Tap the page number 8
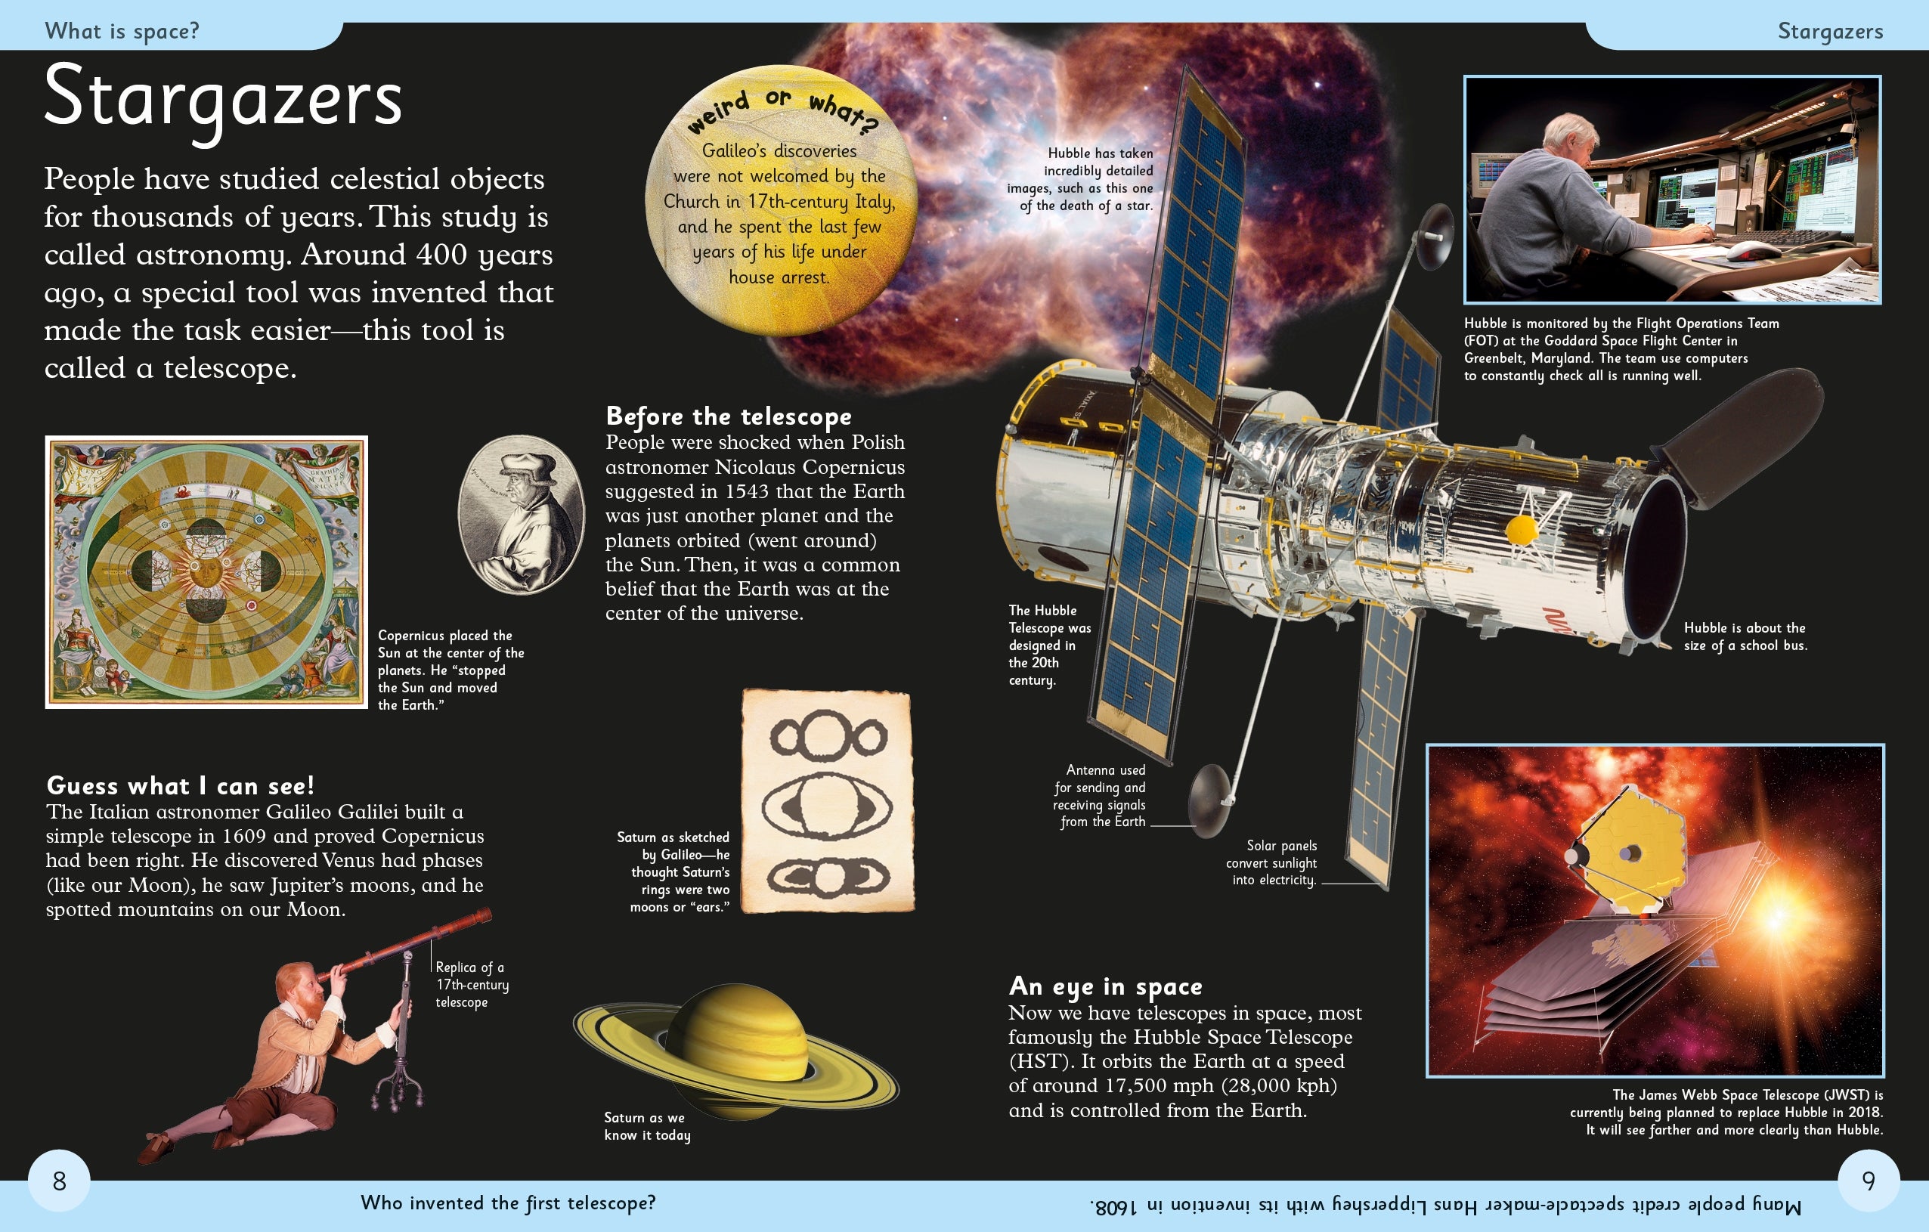(59, 1181)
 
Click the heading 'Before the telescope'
(728, 416)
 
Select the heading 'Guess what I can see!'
(180, 785)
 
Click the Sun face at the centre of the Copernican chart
(206, 571)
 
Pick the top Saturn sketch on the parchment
(828, 735)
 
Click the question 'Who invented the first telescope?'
(508, 1203)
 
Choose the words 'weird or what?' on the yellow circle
(781, 109)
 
